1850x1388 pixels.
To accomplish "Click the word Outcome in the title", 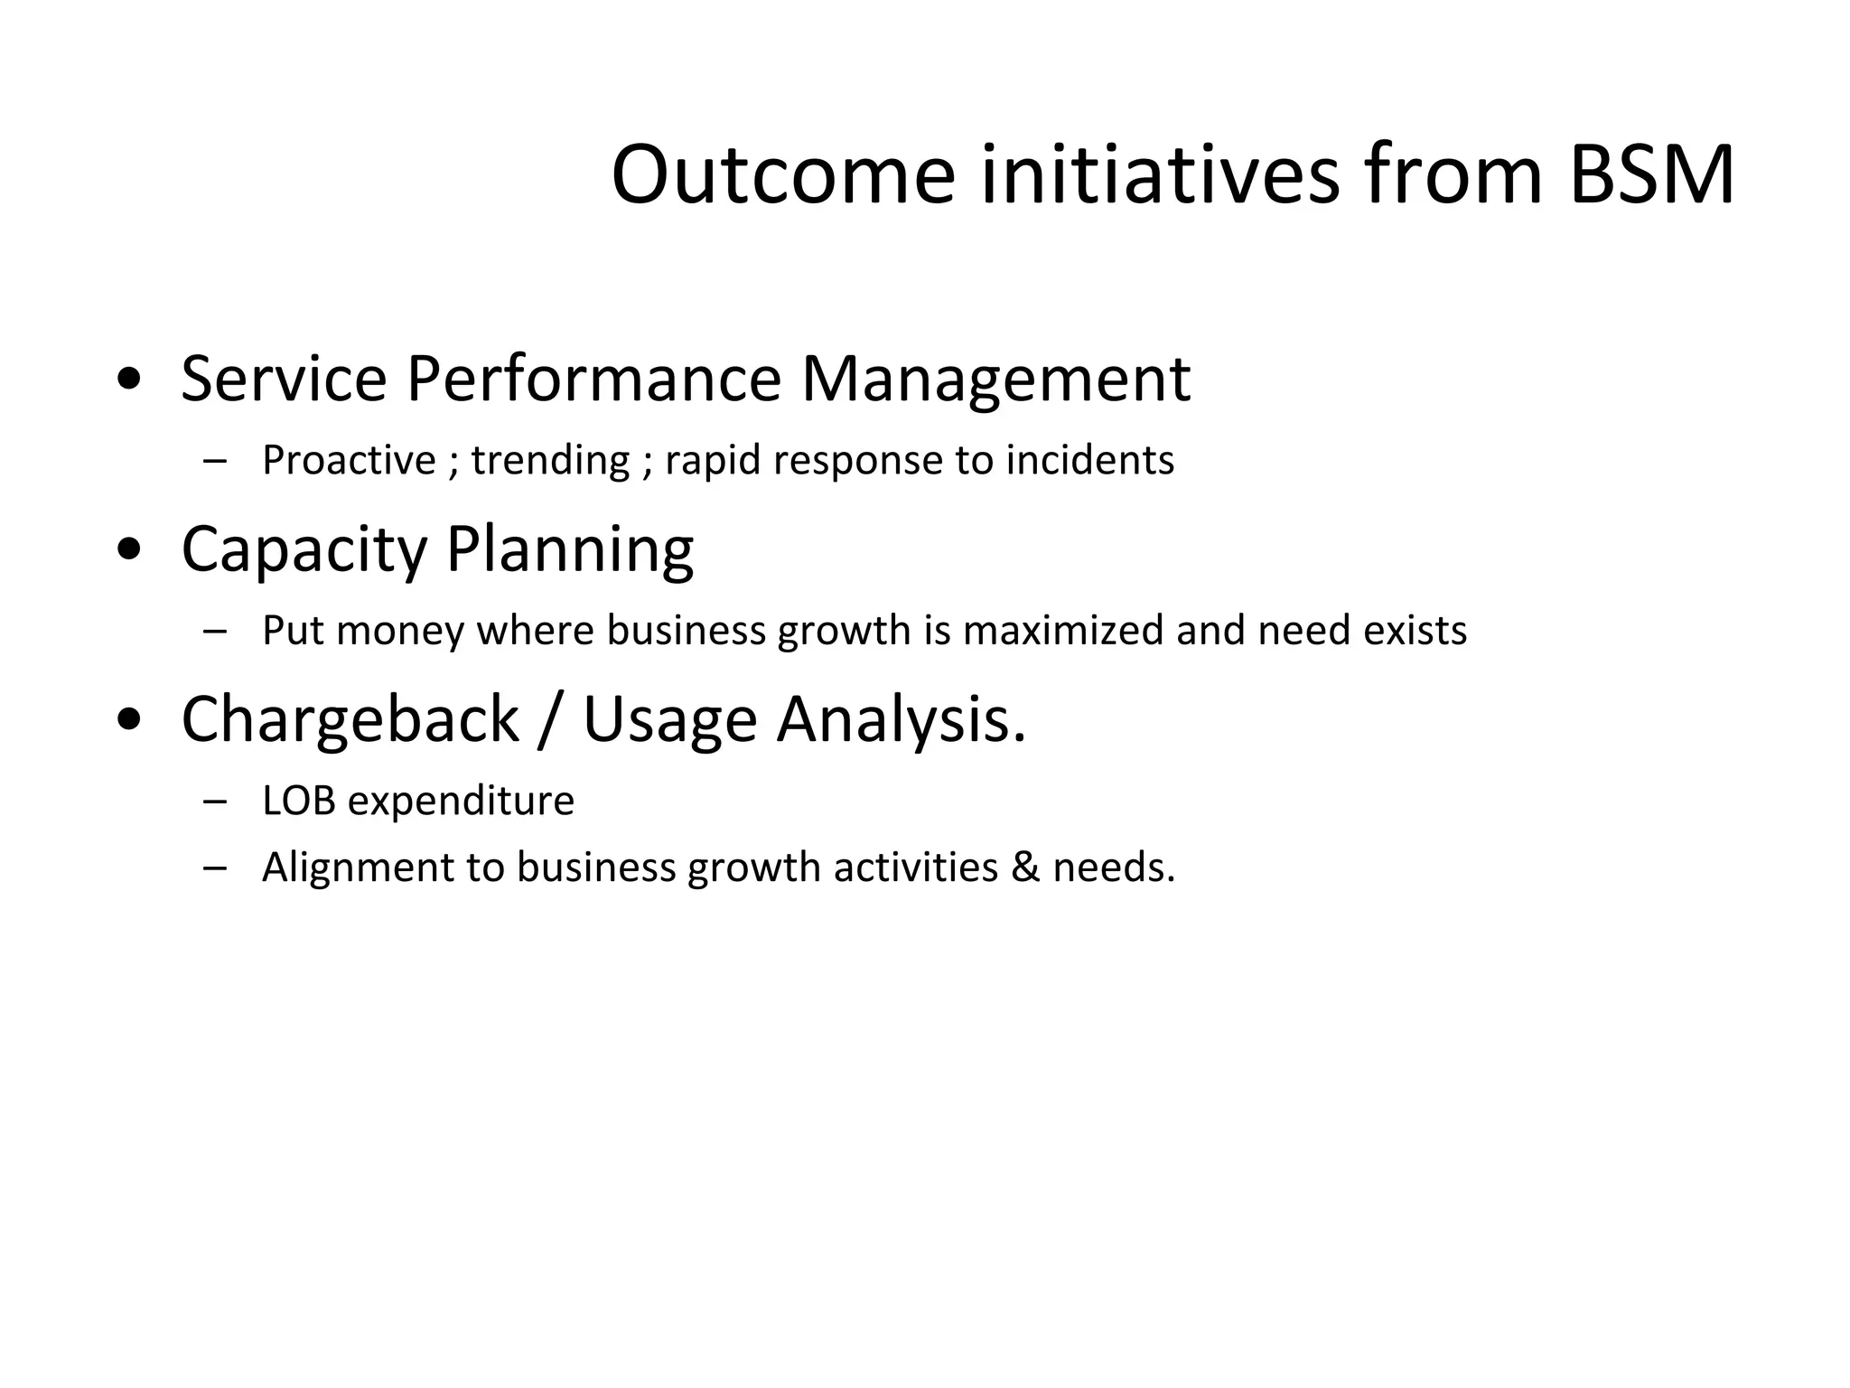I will click(782, 174).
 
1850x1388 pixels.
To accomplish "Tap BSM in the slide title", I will click(1651, 174).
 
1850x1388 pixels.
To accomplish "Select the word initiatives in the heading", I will click(1160, 174).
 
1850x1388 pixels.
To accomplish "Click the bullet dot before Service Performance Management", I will click(129, 379).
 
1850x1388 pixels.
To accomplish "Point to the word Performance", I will click(593, 379).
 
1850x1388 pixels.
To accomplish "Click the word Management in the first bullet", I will click(995, 379).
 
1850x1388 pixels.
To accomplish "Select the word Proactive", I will click(349, 460).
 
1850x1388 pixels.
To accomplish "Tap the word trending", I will click(550, 460).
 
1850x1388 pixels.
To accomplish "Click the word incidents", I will click(1089, 460).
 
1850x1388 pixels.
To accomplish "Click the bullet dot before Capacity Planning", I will click(129, 549).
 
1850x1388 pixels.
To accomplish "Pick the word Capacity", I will click(304, 549).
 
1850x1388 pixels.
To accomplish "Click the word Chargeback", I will click(350, 719).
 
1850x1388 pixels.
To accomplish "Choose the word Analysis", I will click(901, 719).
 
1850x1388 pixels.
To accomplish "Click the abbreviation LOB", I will click(298, 801).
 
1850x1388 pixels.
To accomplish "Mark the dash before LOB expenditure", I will click(215, 801).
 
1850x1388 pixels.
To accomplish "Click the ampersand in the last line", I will click(1025, 867).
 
